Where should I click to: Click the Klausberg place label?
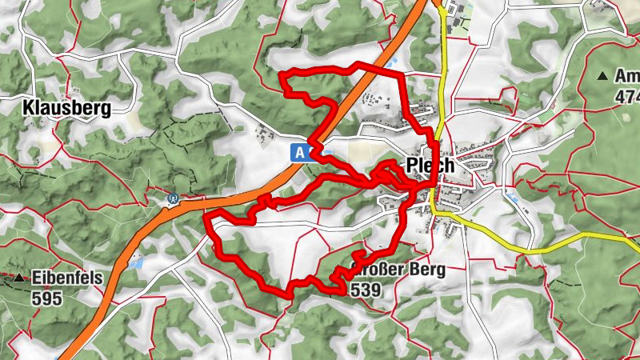point(66,108)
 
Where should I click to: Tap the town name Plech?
point(430,166)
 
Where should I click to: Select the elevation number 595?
point(47,295)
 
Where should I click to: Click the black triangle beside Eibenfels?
point(18,278)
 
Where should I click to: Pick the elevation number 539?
point(366,289)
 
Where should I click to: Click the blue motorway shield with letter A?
point(300,152)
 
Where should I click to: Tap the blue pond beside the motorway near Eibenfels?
point(139,262)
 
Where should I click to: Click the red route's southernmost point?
point(288,294)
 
